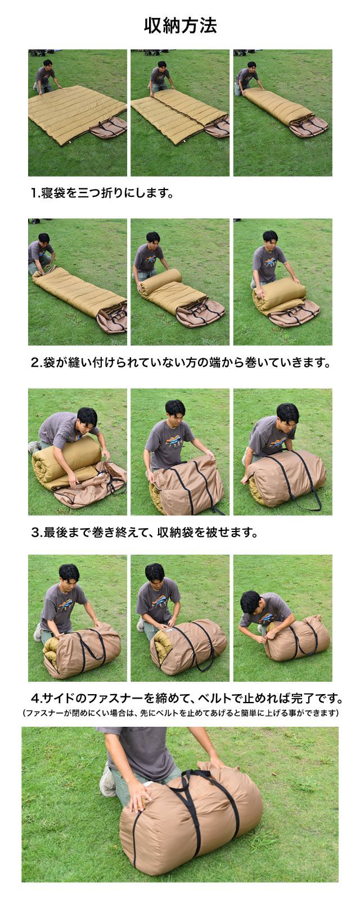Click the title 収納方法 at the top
[x=181, y=26]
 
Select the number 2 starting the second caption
[x=34, y=363]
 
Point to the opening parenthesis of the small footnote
[x=23, y=713]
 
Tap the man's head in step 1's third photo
[x=251, y=65]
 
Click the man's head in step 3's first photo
[x=88, y=418]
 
